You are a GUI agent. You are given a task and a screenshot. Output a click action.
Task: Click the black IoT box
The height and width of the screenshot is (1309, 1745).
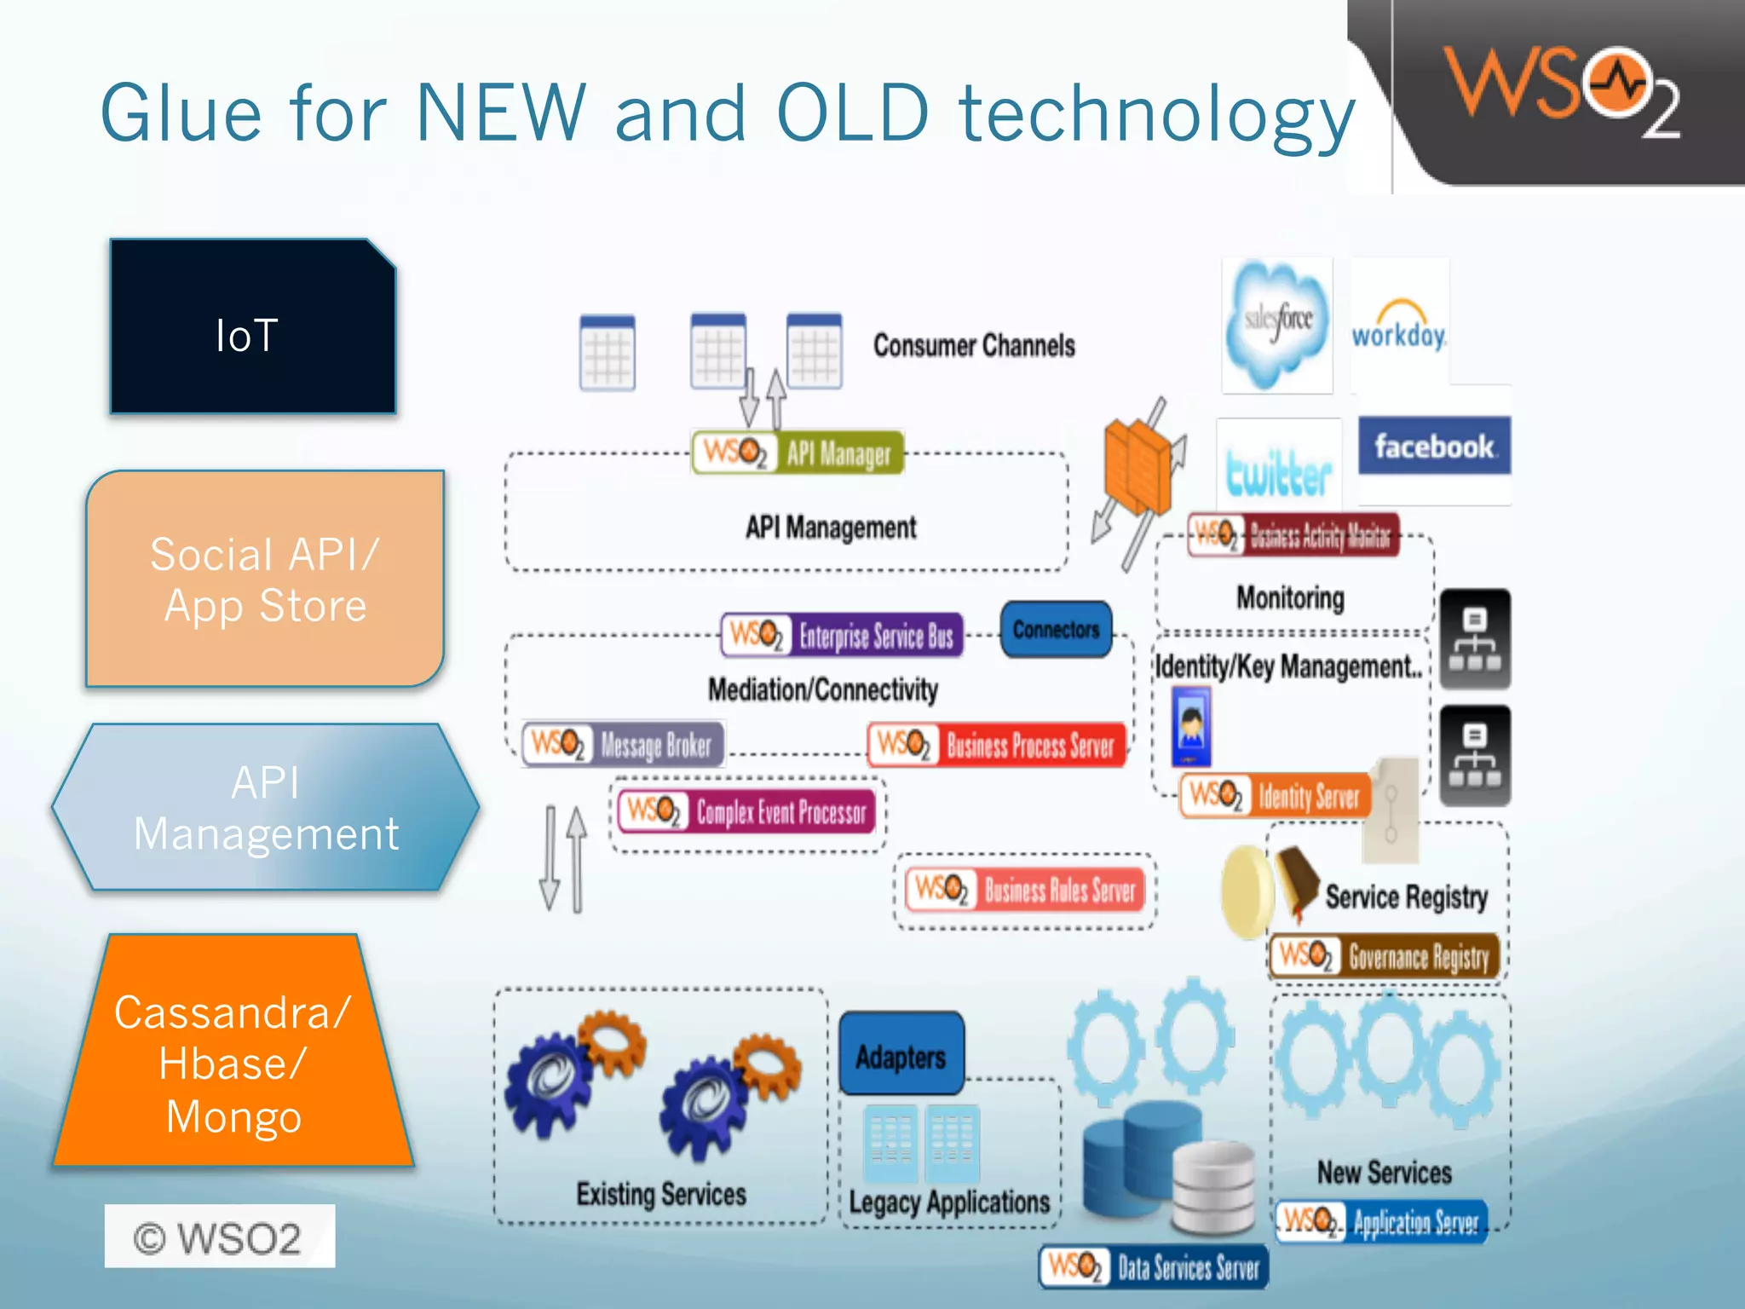click(252, 328)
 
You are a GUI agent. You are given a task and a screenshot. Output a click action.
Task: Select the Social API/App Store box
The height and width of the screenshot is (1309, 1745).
click(265, 580)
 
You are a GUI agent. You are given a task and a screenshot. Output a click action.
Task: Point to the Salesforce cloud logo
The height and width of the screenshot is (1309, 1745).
click(1276, 325)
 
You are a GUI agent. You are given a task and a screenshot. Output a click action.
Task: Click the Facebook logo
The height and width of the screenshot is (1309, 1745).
click(1434, 446)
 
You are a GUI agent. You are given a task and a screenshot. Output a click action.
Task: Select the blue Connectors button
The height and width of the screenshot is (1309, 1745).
click(1056, 630)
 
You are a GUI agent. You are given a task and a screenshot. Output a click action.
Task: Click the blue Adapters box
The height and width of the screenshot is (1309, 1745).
click(901, 1055)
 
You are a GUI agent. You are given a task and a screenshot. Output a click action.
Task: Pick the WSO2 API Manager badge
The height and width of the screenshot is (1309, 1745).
click(798, 453)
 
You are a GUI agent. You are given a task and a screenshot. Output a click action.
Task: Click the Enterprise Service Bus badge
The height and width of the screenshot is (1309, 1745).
click(842, 636)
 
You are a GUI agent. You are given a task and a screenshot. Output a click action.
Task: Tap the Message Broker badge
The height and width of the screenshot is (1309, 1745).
click(623, 744)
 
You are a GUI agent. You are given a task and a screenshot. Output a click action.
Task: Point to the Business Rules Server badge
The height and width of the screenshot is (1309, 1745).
click(1025, 890)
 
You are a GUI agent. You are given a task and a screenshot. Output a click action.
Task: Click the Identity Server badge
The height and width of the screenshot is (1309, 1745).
click(1276, 795)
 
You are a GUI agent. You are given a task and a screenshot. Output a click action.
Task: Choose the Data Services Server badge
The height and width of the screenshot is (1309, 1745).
click(1155, 1267)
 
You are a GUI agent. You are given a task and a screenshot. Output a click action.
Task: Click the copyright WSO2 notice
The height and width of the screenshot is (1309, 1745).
click(219, 1237)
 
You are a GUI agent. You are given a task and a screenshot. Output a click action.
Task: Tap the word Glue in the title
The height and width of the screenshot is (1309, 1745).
click(181, 113)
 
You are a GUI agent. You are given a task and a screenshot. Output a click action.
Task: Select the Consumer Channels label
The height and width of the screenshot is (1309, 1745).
click(974, 346)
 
